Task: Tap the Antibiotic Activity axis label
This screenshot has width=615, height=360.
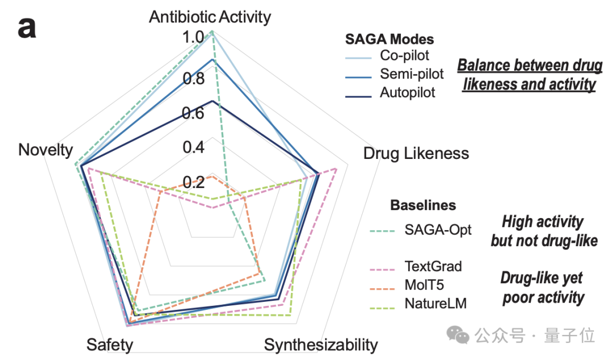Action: pos(210,17)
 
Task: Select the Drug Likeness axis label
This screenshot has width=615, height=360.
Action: pos(416,153)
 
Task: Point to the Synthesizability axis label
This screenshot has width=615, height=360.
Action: pos(321,345)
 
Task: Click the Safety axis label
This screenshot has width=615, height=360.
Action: pos(110,345)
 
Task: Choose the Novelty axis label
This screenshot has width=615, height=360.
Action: pos(46,150)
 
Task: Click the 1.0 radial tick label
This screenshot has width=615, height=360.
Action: pos(193,38)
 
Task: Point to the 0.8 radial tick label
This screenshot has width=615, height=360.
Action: pos(193,78)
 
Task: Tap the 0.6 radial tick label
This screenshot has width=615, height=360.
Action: pos(193,113)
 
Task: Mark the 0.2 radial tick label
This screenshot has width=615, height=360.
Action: pos(193,182)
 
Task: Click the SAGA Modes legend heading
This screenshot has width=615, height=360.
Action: pos(389,39)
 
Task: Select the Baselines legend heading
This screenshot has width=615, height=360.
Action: pos(423,205)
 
